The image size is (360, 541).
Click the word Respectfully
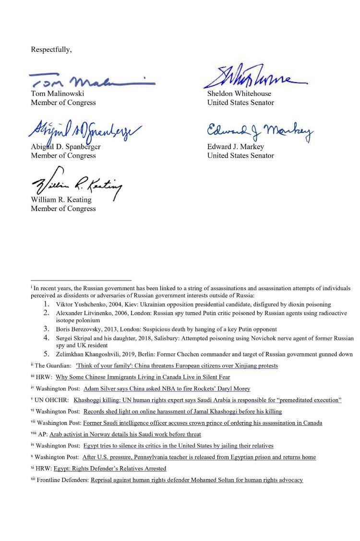tap(51, 49)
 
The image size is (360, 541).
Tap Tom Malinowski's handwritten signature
tap(91, 80)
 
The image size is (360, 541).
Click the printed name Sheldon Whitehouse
tap(239, 94)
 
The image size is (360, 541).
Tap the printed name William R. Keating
tap(61, 200)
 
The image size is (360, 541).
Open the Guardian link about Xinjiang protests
tap(177, 365)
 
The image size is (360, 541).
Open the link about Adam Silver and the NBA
tap(167, 388)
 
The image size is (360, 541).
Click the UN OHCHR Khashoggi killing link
tap(207, 400)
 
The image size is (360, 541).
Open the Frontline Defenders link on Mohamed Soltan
tap(197, 480)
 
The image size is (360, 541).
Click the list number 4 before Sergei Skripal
tap(47, 338)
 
